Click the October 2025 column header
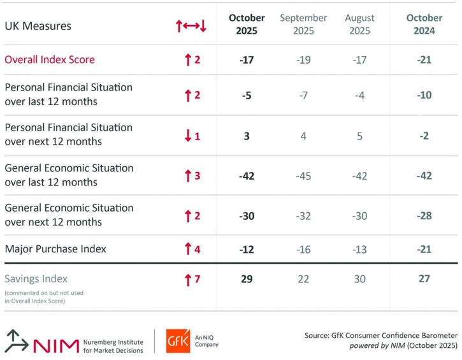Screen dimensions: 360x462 (x=247, y=24)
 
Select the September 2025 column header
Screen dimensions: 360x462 (x=303, y=24)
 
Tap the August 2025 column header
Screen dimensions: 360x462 (x=359, y=24)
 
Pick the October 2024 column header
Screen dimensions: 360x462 (x=421, y=24)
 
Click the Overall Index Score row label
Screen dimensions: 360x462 (x=50, y=60)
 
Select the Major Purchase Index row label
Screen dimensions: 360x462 (x=55, y=248)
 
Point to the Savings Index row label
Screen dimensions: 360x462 (x=36, y=278)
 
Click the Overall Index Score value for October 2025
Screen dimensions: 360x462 (x=247, y=60)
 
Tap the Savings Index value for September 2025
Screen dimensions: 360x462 (x=303, y=278)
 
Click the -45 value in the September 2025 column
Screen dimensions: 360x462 (x=303, y=175)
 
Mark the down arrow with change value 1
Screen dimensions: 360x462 (x=188, y=136)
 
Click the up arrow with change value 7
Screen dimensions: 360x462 (x=188, y=279)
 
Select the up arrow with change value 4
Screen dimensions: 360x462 (x=188, y=248)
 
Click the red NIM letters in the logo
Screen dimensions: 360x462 (x=55, y=343)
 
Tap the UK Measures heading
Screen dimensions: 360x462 (x=38, y=26)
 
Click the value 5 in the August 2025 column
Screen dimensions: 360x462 (x=359, y=135)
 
